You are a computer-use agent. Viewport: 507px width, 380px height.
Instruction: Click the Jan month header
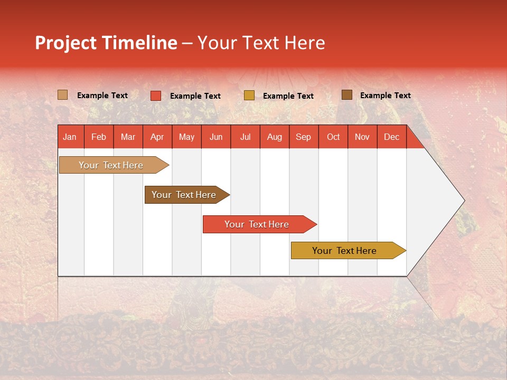click(x=70, y=137)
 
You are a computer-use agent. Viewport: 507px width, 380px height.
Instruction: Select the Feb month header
click(x=99, y=137)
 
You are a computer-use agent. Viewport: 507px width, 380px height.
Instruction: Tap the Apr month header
click(x=157, y=137)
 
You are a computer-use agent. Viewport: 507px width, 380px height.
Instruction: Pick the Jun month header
click(x=216, y=137)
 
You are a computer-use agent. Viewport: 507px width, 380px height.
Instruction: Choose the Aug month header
click(x=274, y=137)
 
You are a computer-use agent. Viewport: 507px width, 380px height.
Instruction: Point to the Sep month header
click(x=303, y=137)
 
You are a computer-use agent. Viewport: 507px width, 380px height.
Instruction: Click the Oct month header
click(x=333, y=137)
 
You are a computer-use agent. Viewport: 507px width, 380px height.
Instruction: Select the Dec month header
click(x=391, y=137)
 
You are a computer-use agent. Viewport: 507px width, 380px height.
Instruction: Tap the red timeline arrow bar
click(x=257, y=224)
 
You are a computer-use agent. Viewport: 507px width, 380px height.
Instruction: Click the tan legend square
click(x=62, y=95)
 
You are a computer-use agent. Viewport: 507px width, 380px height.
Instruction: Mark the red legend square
click(x=155, y=96)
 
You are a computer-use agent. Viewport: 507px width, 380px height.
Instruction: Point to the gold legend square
click(x=249, y=96)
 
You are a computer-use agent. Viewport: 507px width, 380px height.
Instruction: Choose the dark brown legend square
click(x=346, y=95)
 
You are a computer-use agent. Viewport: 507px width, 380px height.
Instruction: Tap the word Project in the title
click(x=67, y=43)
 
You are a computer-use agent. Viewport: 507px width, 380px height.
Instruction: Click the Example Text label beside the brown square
click(x=385, y=96)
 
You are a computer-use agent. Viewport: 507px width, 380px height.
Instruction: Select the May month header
click(x=186, y=137)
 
